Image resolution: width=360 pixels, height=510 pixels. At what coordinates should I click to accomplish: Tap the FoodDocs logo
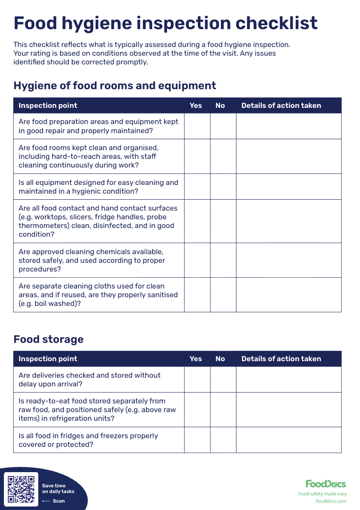click(326, 484)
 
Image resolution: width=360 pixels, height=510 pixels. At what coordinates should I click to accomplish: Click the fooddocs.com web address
click(331, 501)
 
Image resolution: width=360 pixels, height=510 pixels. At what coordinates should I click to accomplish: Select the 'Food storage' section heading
click(48, 339)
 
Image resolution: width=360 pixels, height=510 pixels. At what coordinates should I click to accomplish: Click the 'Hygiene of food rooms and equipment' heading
click(115, 85)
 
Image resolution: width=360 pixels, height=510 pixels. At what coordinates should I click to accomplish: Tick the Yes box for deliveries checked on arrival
click(197, 379)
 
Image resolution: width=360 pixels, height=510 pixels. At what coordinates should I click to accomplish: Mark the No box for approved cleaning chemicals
click(223, 260)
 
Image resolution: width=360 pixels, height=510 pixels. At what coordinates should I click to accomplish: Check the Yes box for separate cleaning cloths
click(197, 295)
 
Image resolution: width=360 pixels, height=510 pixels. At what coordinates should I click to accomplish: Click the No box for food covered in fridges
click(223, 440)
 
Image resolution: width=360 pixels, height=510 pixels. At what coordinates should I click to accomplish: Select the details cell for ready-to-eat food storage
click(289, 409)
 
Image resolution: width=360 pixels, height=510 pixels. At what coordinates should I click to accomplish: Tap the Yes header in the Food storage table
click(196, 359)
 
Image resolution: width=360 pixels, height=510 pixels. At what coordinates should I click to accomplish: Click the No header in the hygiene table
click(220, 106)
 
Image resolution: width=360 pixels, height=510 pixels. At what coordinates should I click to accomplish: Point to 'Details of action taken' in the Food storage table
click(281, 359)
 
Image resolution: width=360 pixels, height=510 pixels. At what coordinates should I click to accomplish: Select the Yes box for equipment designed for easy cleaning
click(197, 187)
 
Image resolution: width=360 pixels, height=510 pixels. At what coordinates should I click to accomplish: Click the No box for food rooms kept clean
click(223, 156)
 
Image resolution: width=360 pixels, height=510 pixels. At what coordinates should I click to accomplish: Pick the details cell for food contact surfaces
click(289, 221)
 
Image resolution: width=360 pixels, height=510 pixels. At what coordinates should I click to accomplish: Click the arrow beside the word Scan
click(46, 501)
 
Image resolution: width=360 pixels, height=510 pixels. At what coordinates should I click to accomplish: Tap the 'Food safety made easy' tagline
click(323, 494)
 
